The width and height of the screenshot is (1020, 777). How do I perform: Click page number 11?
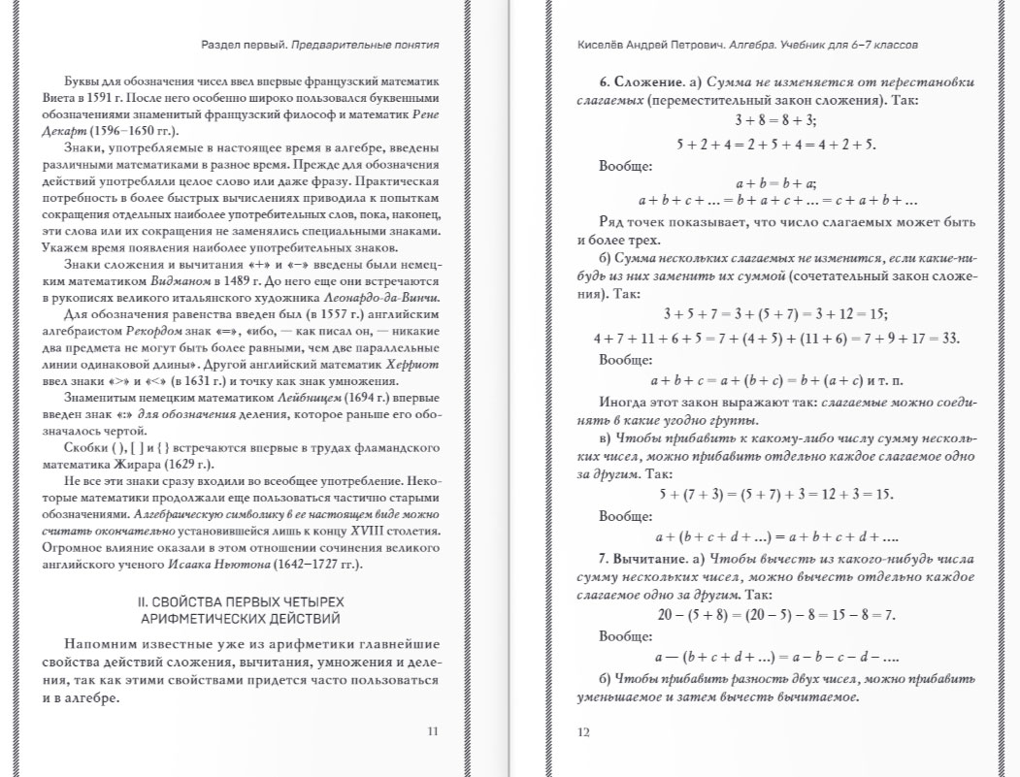pos(433,731)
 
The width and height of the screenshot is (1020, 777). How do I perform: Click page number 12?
pos(583,732)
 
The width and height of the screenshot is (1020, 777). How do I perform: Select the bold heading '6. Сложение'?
pos(629,81)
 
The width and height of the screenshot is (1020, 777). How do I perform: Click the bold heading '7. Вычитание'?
pos(635,560)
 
